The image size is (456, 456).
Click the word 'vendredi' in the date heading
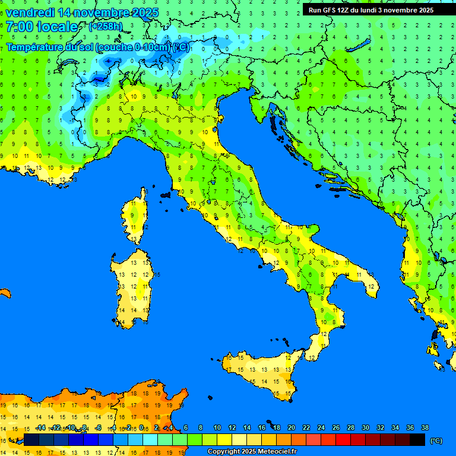point(29,12)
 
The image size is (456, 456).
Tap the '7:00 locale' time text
point(42,27)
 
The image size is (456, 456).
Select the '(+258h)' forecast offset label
point(106,27)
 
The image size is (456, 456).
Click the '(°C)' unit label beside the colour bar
point(436,441)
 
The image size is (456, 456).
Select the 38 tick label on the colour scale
point(425,428)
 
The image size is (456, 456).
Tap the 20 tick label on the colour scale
point(292,428)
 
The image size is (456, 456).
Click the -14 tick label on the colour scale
point(40,428)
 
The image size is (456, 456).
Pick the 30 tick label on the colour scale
point(366,428)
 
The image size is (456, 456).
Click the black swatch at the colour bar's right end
point(417,439)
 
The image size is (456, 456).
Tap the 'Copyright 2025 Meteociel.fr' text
point(252,451)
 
